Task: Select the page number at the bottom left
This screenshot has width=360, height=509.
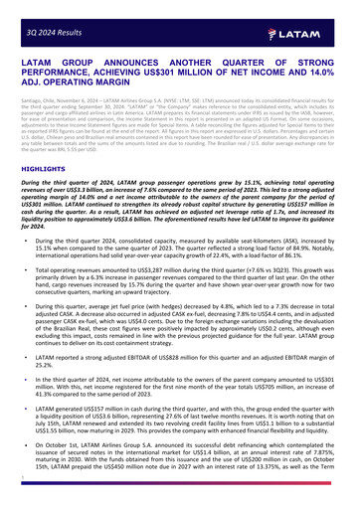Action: (x=20, y=503)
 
